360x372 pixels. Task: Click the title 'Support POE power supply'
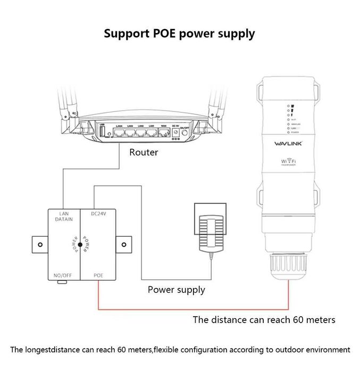click(x=179, y=34)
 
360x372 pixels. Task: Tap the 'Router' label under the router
click(x=144, y=152)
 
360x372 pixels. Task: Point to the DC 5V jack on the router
click(x=176, y=133)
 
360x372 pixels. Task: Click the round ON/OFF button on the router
click(x=185, y=133)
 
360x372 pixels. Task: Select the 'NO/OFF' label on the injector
click(x=63, y=275)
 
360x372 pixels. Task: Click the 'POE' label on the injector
click(x=98, y=275)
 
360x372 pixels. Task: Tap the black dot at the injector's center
click(x=80, y=244)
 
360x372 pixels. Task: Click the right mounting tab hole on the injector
click(x=123, y=244)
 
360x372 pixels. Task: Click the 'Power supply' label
click(x=176, y=290)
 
